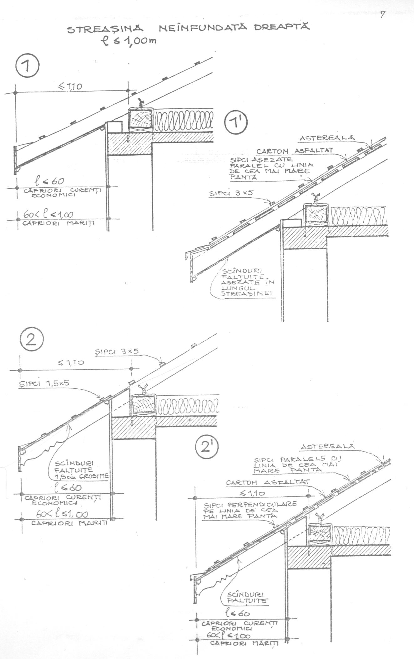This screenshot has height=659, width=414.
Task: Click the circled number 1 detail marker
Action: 27,67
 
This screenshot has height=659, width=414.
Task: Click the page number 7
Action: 382,15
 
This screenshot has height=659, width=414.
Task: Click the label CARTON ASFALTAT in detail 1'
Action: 294,151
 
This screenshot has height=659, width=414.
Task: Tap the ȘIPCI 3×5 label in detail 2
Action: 117,352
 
